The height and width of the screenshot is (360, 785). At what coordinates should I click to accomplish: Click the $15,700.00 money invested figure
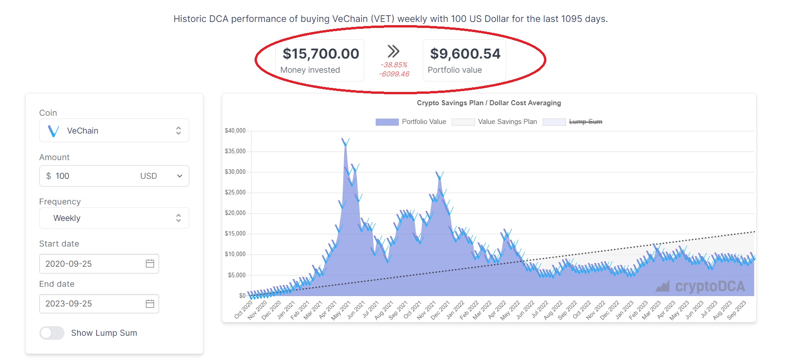tap(320, 54)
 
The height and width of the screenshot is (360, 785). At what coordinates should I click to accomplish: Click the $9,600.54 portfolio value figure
tap(465, 54)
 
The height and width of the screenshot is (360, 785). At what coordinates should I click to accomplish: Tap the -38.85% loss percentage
tap(394, 65)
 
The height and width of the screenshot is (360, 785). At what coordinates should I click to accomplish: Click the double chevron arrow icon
tap(393, 51)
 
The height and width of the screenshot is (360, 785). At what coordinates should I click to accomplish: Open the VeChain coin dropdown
tap(114, 131)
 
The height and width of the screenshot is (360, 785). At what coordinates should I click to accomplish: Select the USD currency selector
tap(160, 176)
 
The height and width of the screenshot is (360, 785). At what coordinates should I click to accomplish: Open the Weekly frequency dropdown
tap(114, 218)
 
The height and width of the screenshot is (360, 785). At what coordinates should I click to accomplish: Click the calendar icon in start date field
tap(150, 263)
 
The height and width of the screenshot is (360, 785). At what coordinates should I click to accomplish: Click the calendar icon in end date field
tap(150, 304)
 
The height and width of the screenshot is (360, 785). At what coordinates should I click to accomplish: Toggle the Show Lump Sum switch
tap(52, 333)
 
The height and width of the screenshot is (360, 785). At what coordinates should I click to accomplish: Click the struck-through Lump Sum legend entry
tap(585, 122)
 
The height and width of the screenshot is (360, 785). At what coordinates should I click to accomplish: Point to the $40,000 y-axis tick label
tap(235, 131)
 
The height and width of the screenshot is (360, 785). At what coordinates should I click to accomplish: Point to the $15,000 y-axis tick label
tap(235, 234)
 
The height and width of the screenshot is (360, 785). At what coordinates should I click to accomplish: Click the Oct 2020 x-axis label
tap(244, 310)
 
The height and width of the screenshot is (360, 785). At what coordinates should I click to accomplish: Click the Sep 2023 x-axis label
tap(737, 310)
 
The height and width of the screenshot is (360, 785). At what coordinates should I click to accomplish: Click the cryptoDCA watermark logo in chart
tap(700, 286)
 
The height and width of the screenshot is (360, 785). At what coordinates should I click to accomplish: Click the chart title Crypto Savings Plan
tap(488, 103)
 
